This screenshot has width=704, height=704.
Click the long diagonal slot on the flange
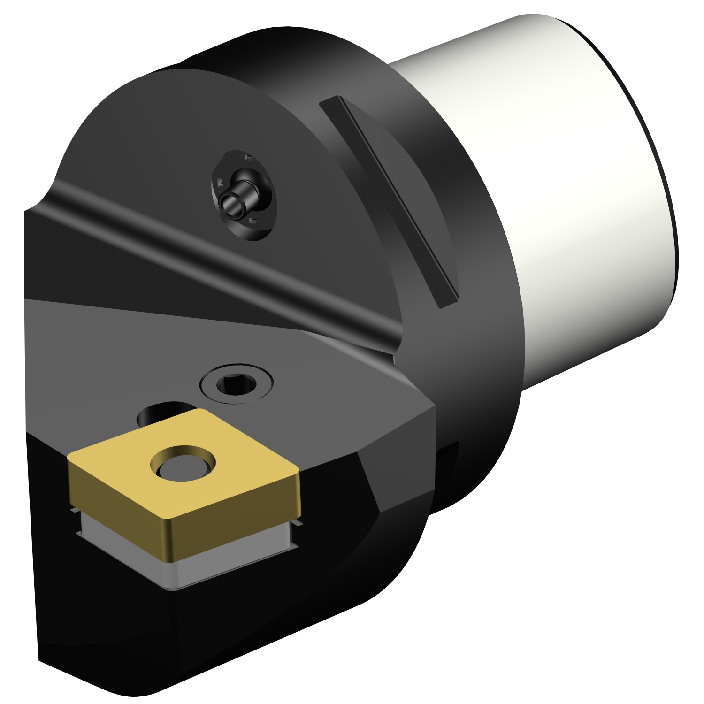[389, 202]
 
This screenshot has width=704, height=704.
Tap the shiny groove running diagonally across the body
[225, 263]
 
